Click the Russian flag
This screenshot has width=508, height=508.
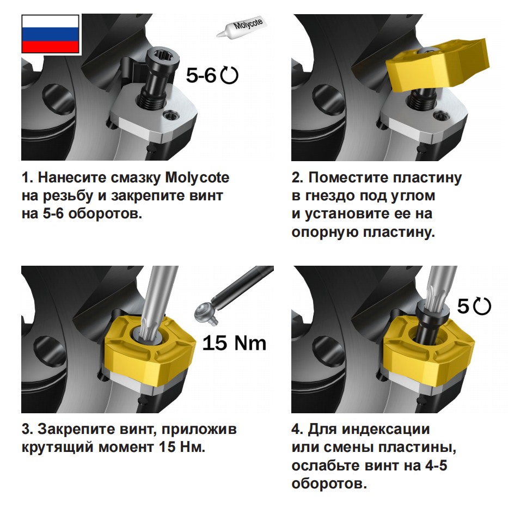click(50, 34)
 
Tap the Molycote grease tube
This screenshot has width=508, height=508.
click(240, 27)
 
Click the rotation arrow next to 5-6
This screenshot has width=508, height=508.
click(229, 76)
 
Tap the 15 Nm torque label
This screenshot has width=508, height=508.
click(234, 343)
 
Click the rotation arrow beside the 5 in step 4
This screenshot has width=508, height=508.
click(482, 306)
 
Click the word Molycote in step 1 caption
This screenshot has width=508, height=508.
click(197, 178)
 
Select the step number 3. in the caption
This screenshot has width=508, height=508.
click(27, 429)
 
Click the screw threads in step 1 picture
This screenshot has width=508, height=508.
click(151, 102)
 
